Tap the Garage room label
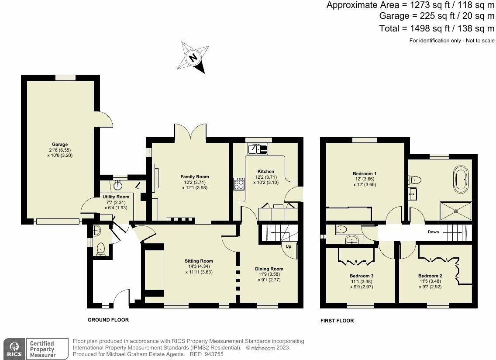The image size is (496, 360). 60,144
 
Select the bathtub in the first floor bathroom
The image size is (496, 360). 460,180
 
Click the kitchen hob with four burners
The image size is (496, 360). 239,184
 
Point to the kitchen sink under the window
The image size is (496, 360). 258,149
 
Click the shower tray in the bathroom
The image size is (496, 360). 456,211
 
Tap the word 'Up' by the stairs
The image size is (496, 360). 289,246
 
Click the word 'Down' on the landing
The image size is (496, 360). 434,232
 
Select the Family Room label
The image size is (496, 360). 195,177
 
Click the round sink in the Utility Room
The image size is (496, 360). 118,186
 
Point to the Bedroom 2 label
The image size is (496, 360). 430,276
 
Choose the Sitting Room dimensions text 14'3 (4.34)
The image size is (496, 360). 199,266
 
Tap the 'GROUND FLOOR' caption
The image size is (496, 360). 108,320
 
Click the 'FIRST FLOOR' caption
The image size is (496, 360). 337,321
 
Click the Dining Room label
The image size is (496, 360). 269,269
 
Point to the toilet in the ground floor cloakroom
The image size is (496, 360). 101,249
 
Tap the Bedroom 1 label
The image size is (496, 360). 365,173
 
